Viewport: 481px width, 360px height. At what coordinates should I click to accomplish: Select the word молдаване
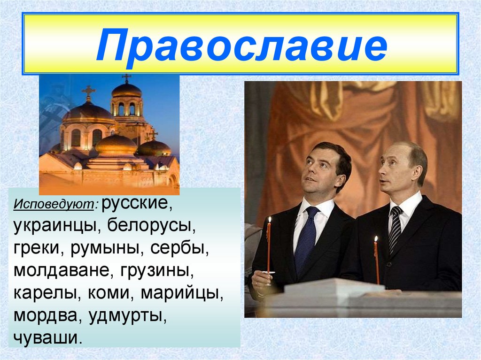58,271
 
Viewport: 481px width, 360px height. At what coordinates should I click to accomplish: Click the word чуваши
47,337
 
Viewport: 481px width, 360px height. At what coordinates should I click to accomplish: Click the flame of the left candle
269,220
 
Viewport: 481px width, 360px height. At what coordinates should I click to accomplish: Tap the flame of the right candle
376,239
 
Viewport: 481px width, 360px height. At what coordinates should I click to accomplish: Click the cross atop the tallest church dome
126,77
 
